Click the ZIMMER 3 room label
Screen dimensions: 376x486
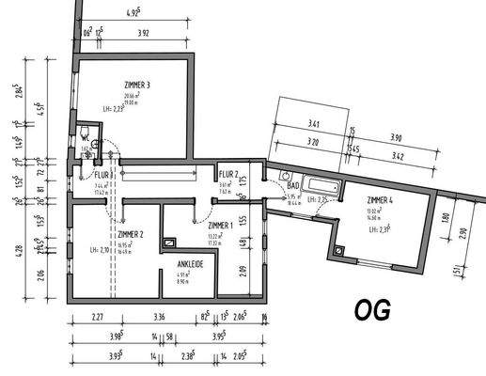click(137, 86)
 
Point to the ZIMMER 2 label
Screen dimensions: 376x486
click(130, 233)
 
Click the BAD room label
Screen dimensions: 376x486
click(292, 186)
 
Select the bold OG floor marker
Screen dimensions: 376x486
click(370, 311)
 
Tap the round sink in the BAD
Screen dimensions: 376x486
click(284, 175)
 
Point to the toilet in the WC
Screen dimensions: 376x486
click(86, 133)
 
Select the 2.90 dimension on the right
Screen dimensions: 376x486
click(462, 234)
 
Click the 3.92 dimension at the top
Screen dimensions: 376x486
click(143, 33)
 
